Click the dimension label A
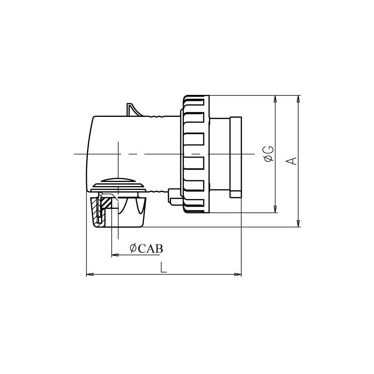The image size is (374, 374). click(291, 161)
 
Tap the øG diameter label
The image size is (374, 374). click(269, 154)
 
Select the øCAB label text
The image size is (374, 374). click(146, 249)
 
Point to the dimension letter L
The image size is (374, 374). click(163, 267)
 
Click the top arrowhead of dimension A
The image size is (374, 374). click(298, 99)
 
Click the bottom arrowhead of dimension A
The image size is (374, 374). click(298, 223)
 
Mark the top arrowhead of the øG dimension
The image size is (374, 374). click(275, 99)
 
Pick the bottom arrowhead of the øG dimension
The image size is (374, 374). click(275, 209)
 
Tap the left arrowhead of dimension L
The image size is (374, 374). click(90, 274)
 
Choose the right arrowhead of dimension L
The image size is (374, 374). click(237, 274)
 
